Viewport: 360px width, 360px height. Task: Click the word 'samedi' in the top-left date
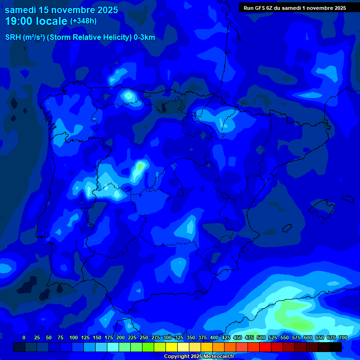point(22,10)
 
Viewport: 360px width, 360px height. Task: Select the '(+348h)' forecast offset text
point(83,21)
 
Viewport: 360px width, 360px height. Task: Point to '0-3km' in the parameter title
point(144,37)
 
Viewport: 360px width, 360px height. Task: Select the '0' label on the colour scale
point(24,337)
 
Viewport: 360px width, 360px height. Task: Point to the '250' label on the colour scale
point(144,337)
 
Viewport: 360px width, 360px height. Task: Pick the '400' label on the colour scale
point(214,337)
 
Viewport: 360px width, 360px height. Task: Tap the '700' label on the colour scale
point(343,337)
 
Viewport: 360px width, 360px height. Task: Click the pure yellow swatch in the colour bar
point(172,347)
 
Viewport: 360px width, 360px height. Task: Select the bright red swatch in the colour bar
point(265,347)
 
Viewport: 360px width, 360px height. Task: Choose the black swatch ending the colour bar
point(336,347)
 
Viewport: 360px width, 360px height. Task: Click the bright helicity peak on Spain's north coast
point(128,96)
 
